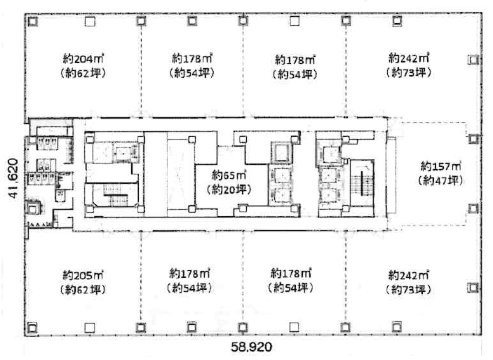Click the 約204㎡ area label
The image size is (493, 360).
[x=83, y=58]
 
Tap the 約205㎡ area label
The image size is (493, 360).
[x=83, y=275]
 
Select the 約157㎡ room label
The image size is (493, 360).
[x=441, y=166]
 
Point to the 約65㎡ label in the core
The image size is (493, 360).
[x=229, y=175]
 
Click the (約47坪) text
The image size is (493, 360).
[x=440, y=180]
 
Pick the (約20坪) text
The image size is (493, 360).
[x=229, y=189]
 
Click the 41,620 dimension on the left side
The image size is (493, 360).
[x=13, y=178]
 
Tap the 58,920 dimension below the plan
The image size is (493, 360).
[x=252, y=347]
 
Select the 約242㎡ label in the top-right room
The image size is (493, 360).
[x=409, y=58]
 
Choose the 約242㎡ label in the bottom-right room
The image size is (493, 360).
[x=408, y=275]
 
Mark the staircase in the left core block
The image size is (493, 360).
[x=116, y=195]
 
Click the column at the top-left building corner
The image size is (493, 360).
[x=32, y=21]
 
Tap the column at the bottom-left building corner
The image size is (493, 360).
[x=32, y=328]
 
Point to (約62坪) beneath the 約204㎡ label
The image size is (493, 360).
[x=83, y=73]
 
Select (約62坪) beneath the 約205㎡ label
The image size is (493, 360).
[x=83, y=290]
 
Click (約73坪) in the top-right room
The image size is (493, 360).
[x=408, y=72]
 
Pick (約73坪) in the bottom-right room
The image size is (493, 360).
[x=408, y=289]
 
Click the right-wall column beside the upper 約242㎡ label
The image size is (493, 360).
[x=473, y=60]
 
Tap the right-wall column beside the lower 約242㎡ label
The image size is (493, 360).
[x=473, y=287]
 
